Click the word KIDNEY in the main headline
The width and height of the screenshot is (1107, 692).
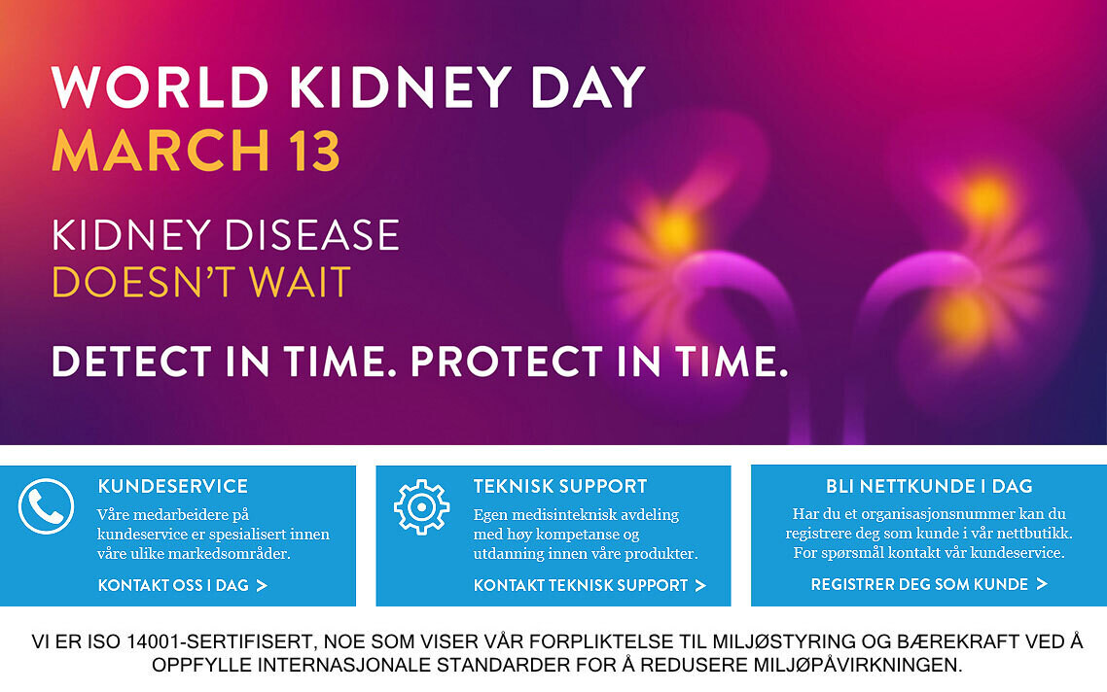pos(401,87)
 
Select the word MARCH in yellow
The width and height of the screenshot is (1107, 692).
pos(161,151)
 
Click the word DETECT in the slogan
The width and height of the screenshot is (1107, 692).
pos(131,361)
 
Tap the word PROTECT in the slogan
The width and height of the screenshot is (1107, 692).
pos(506,361)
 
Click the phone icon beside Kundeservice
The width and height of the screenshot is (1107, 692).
pos(46,505)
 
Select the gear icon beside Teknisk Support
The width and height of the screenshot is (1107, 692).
pos(421,506)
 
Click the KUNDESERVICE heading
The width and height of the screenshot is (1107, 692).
pos(173,486)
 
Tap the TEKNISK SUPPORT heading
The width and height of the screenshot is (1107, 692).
pos(560,486)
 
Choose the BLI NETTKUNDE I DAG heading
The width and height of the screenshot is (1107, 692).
pos(929,486)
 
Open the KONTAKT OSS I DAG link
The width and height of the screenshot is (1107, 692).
pos(183,585)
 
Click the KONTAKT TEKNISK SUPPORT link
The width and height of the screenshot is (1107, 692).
pos(589,585)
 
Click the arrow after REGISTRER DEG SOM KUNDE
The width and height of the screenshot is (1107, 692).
pos(1042,584)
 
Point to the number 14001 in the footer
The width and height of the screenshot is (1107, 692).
pos(153,641)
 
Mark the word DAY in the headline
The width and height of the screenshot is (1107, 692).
pos(588,87)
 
